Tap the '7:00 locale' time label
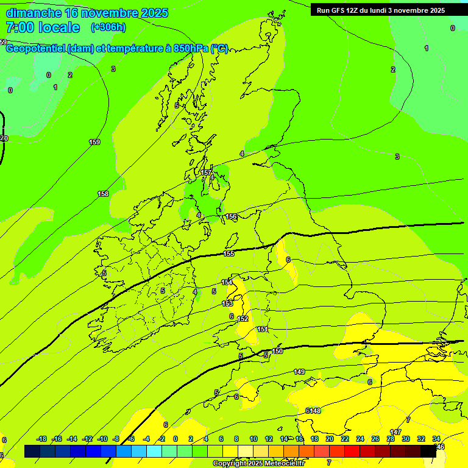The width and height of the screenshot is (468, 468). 43,27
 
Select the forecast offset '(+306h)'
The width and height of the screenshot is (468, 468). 108,27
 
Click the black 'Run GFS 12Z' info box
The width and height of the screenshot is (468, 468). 381,10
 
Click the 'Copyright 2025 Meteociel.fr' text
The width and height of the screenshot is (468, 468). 258,464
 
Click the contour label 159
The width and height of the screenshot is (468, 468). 94,143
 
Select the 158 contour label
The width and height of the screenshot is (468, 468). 103,194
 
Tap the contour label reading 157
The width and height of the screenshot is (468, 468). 206,173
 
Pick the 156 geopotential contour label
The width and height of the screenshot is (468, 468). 231,217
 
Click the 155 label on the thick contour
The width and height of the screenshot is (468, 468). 229,254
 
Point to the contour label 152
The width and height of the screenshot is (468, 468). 243,319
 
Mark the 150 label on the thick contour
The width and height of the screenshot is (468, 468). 277,351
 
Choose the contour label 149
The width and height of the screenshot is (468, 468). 299,372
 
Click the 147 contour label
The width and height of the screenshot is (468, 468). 395,432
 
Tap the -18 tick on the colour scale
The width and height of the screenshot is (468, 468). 41,439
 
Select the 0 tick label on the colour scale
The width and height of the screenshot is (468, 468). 175,439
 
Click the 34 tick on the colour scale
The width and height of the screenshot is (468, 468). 436,439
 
